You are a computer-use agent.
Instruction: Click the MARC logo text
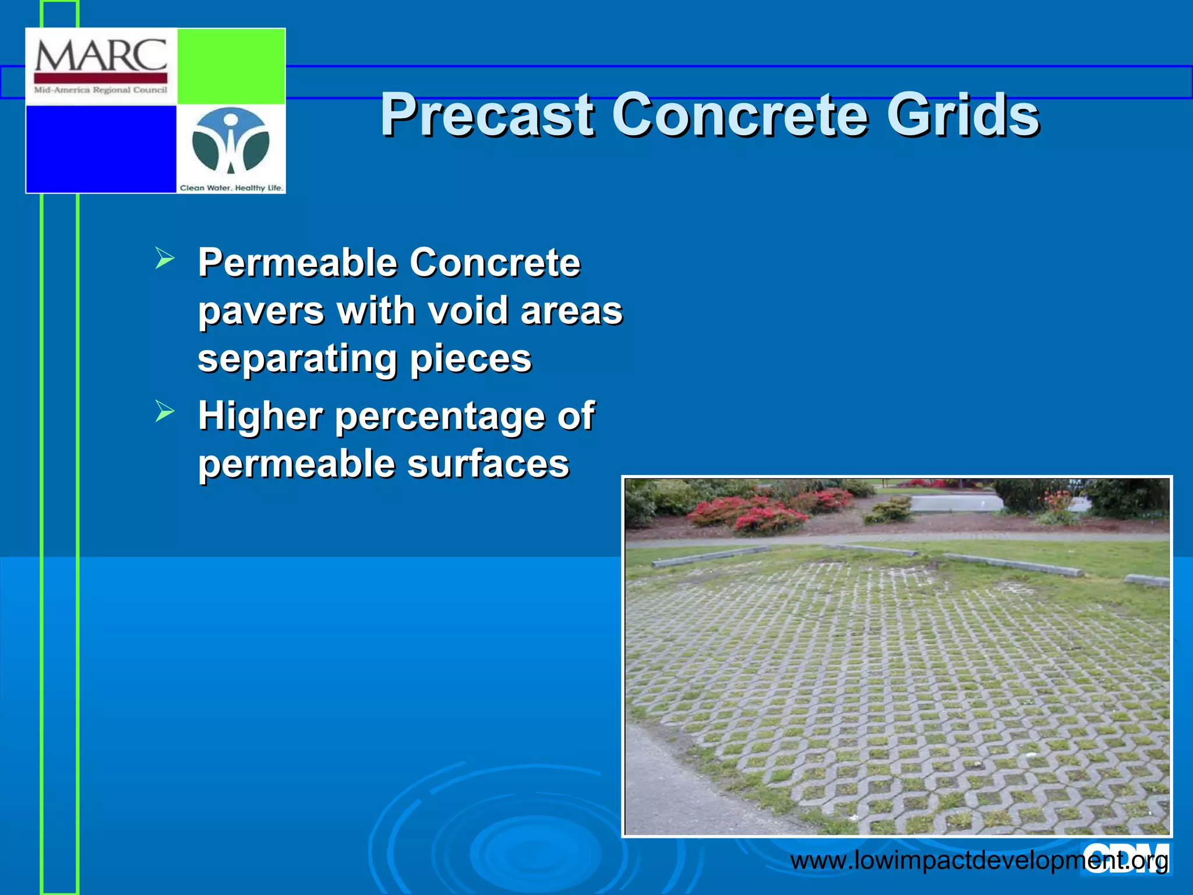click(101, 56)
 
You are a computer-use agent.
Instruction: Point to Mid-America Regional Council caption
click(101, 90)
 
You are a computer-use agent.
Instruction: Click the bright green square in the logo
click(231, 66)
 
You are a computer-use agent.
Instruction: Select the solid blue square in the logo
click(101, 149)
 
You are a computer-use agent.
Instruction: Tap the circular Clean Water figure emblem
click(231, 142)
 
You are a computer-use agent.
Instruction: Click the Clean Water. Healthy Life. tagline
click(231, 188)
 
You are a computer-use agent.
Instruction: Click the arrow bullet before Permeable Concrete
click(165, 258)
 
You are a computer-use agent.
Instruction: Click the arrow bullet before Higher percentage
click(165, 411)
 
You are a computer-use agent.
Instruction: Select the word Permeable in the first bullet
click(298, 263)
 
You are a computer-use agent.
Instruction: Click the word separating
click(298, 358)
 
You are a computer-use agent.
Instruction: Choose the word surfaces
click(488, 464)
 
